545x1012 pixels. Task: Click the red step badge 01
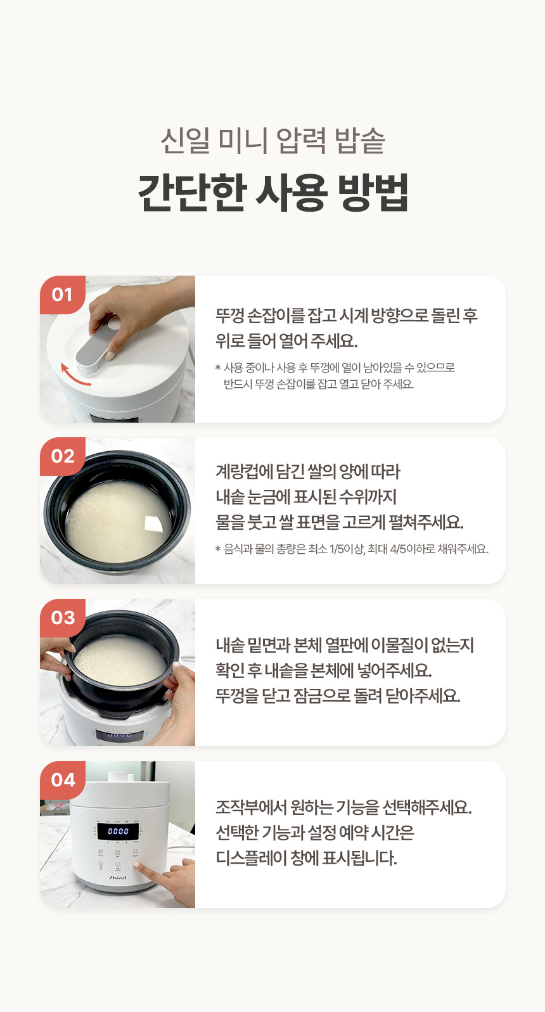62,295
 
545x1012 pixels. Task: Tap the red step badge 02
62,456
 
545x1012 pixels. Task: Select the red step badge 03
62,618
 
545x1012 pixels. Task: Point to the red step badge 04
62,780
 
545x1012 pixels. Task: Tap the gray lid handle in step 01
96,344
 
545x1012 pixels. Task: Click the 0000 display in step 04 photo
119,831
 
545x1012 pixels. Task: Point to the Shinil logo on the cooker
118,878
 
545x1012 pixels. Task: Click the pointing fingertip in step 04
136,865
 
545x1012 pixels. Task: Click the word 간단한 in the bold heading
191,193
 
